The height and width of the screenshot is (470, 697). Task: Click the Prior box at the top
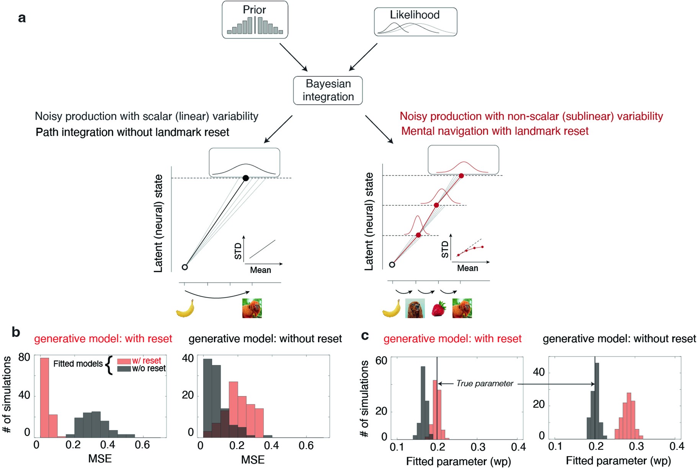tap(255, 20)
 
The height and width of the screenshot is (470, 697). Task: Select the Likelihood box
tap(415, 22)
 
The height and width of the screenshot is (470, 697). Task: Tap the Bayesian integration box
tap(328, 90)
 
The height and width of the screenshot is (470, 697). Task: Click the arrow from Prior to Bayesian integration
tap(293, 57)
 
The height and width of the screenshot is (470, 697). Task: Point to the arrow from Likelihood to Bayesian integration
tap(363, 57)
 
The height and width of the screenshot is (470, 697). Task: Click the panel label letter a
tap(22, 18)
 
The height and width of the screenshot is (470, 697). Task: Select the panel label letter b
tap(16, 332)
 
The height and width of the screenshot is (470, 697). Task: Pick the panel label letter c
tap(365, 335)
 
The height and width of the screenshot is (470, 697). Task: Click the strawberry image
tap(439, 309)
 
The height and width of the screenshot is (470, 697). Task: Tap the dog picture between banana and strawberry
tap(415, 308)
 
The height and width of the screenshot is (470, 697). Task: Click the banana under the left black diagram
tap(185, 308)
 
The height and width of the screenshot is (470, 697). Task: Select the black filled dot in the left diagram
tap(246, 178)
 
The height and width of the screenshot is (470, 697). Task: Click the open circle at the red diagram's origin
tap(392, 264)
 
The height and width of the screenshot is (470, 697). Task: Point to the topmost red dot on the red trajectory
tap(461, 176)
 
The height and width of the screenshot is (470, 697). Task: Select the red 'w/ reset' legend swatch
tap(124, 361)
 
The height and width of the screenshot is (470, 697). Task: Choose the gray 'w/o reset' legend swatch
tap(124, 369)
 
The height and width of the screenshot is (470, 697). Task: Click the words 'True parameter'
tap(485, 384)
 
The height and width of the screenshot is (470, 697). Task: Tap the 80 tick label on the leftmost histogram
tap(24, 357)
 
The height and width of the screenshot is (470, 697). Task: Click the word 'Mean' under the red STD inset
tap(467, 268)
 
